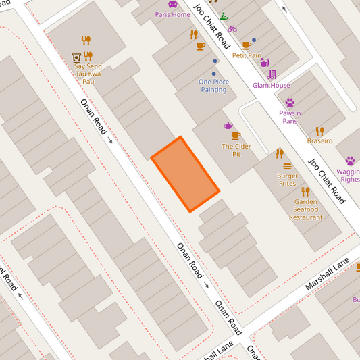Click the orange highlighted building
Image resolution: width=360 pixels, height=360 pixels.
point(185,174)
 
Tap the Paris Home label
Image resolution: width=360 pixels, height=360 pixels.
point(172,14)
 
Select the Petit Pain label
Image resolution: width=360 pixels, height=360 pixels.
point(247,55)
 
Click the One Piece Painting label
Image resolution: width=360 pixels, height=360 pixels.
point(213,86)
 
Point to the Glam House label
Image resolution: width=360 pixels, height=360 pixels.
point(272,86)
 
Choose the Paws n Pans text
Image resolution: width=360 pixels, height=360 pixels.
point(290,117)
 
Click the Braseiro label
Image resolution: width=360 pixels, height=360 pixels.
point(319,141)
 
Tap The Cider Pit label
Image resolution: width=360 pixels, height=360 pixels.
point(232,150)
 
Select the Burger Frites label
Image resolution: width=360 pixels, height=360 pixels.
point(287,180)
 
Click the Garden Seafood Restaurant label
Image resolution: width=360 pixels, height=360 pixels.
point(306,209)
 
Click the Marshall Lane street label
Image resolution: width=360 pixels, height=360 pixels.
point(327,274)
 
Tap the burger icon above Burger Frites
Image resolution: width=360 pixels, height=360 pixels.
point(287,165)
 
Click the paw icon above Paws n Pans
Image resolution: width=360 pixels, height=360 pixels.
point(290,103)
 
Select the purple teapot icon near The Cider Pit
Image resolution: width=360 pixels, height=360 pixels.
point(228,126)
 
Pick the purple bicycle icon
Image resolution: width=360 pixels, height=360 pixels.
point(232,28)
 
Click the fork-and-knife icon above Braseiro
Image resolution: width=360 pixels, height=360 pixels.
point(319,130)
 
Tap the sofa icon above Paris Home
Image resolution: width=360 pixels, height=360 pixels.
point(172,4)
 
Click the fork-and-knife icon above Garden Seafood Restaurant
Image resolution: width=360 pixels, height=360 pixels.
point(305,191)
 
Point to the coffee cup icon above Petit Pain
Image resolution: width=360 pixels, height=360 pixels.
point(246,45)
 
